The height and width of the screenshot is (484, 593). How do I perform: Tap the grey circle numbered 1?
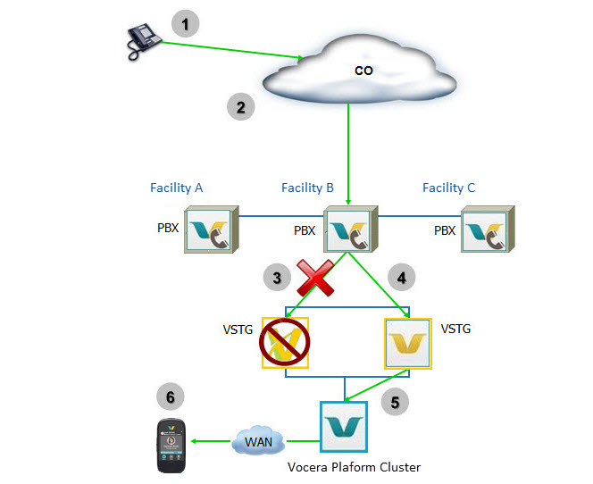click(x=186, y=24)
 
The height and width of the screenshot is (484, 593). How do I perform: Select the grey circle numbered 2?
click(x=238, y=107)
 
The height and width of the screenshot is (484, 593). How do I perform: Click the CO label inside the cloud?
click(x=364, y=70)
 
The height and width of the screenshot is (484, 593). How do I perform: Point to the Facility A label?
click(x=176, y=188)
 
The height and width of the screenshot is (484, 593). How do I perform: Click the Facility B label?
click(x=307, y=188)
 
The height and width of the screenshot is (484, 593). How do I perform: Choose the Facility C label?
click(x=448, y=188)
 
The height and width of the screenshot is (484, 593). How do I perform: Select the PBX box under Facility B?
click(x=348, y=230)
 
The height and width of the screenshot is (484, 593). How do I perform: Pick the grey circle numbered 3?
click(x=278, y=278)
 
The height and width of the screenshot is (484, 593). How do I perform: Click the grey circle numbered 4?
click(x=401, y=278)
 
